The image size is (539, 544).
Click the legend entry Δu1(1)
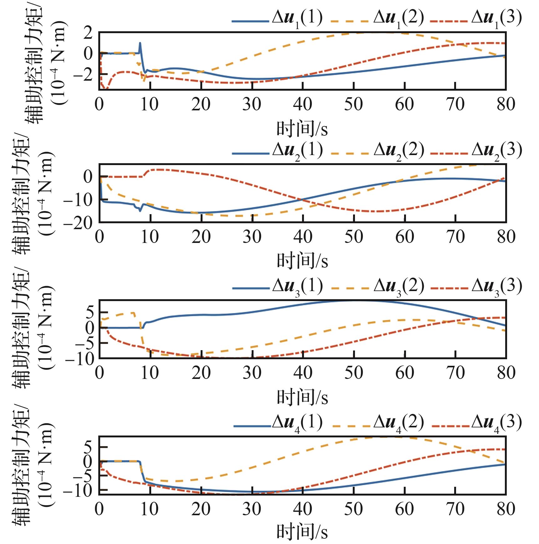(277, 19)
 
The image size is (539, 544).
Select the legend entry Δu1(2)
(377, 19)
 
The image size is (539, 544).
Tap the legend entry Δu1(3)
(476, 19)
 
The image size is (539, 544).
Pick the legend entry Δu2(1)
(277, 152)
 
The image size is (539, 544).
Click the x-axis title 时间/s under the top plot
(302, 129)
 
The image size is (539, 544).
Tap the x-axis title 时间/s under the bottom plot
(302, 531)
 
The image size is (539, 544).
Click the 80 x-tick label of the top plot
(506, 104)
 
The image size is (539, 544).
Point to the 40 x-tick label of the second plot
(303, 237)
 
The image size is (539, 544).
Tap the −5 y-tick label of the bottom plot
(83, 475)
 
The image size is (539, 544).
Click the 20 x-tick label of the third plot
(201, 372)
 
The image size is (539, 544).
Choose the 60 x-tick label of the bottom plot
(404, 509)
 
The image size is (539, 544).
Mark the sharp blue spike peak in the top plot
(140, 43)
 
